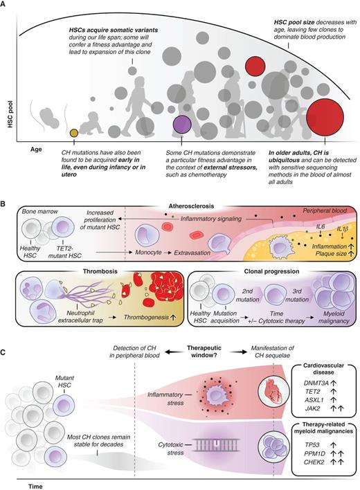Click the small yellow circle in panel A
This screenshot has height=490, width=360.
(x=75, y=132)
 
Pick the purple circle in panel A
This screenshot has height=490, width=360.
(x=182, y=125)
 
